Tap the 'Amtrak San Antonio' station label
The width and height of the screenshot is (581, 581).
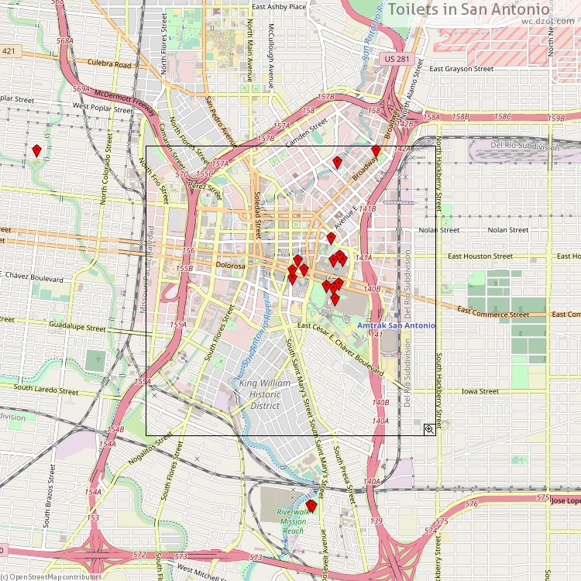coord(396,325)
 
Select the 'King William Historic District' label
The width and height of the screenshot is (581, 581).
coord(265,394)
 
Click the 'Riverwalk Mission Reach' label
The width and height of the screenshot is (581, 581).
coord(293,521)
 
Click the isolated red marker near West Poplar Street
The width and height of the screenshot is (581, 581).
coord(36,151)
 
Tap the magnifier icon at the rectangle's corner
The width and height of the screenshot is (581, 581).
coord(429,429)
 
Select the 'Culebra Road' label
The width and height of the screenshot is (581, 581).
coord(109,65)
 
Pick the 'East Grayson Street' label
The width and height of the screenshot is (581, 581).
coord(462,69)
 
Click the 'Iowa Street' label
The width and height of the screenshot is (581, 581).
coord(480,391)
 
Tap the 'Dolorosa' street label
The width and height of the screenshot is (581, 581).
coord(230,266)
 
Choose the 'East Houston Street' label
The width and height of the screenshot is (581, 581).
coord(480,256)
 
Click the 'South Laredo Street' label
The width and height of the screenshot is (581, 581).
coord(46,388)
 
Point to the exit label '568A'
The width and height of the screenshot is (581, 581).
coord(65,40)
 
